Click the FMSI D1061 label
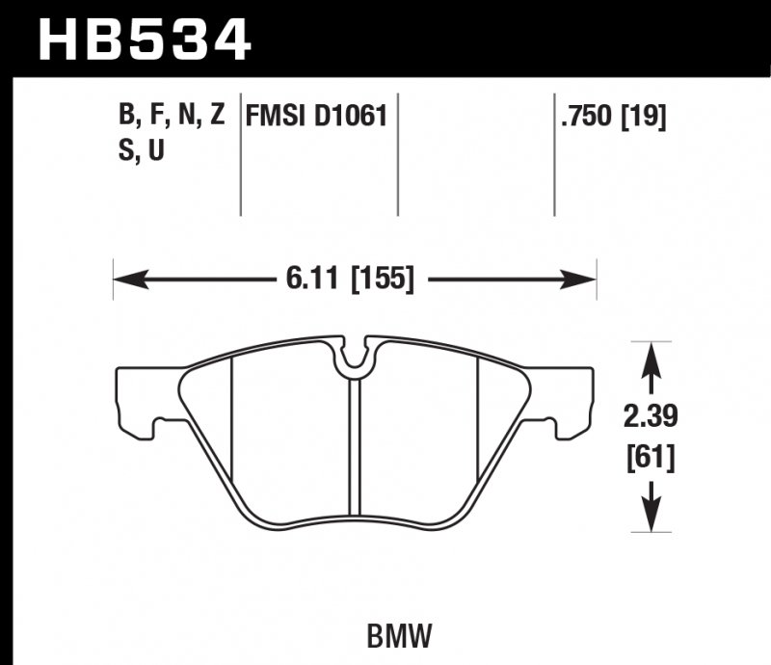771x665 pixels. [x=317, y=118]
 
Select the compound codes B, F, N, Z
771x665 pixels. [x=172, y=118]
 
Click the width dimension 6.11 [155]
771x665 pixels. [x=349, y=279]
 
